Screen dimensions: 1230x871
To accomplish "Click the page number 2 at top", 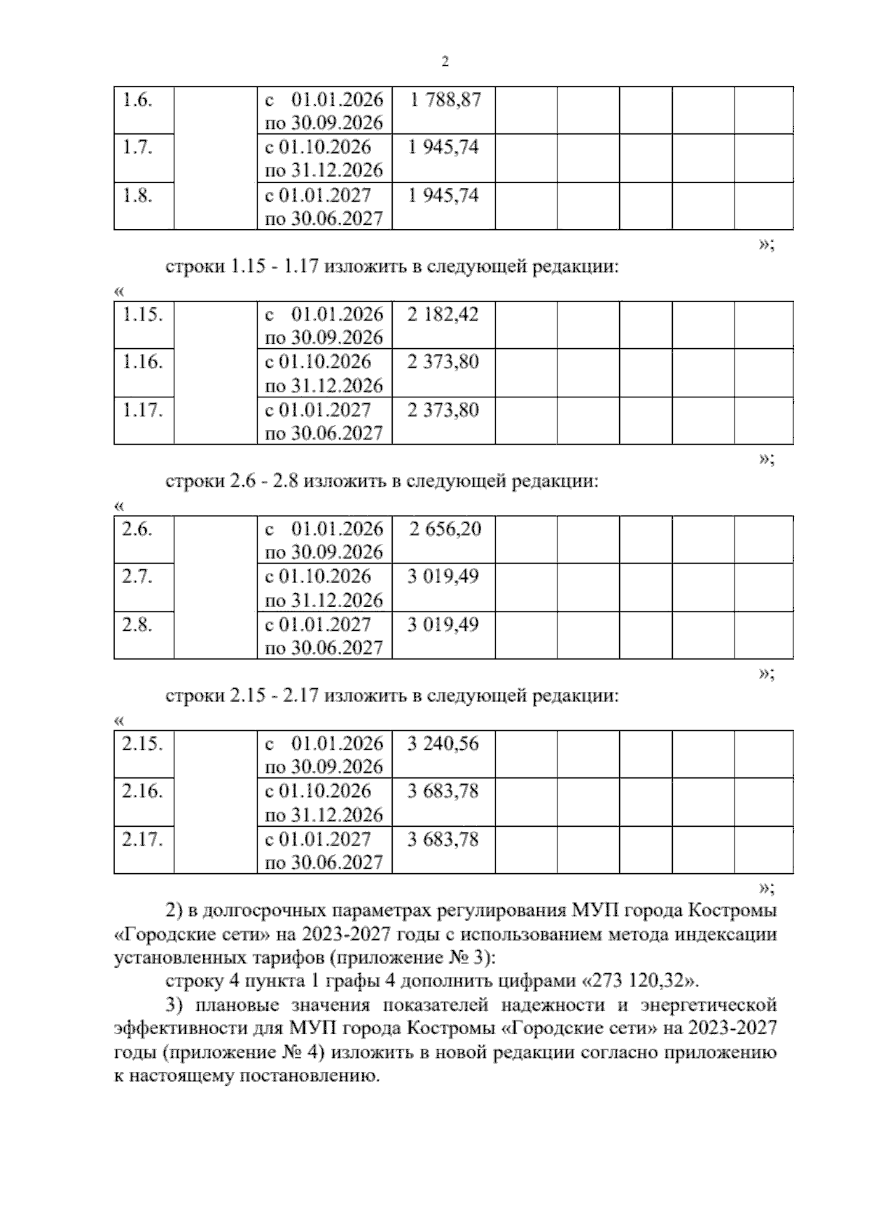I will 445,62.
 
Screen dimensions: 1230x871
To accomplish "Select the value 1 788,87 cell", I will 444,100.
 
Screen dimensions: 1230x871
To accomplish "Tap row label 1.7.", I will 136,147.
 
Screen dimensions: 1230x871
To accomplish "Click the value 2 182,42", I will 443,315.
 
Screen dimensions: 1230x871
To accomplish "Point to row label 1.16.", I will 142,362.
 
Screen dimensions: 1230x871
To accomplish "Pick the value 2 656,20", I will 444,529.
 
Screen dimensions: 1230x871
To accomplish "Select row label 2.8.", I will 136,624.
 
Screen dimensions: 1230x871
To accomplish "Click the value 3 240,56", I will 443,743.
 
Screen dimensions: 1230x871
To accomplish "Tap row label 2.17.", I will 142,839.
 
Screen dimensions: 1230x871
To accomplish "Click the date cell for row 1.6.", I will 324,111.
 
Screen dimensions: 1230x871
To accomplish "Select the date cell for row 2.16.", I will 324,802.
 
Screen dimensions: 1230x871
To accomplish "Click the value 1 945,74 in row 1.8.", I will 443,195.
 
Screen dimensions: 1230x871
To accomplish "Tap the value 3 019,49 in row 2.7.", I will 443,577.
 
